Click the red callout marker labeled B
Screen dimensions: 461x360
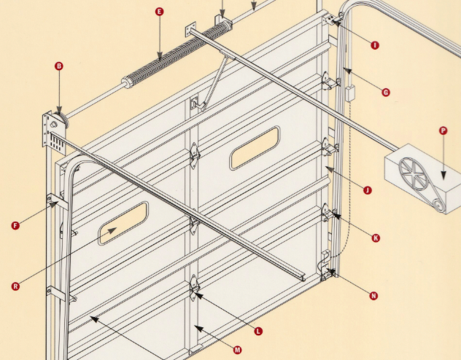pos(59,66)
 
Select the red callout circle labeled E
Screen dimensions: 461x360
pos(159,12)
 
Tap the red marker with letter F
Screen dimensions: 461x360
pos(15,226)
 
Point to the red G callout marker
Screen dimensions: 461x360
pos(386,93)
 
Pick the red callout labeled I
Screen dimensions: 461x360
pos(375,45)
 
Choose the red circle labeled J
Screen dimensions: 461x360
pos(368,190)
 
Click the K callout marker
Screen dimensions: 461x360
pos(376,238)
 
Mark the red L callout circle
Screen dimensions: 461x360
pos(258,332)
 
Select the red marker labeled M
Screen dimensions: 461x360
pos(238,350)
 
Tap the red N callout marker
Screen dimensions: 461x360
pos(373,296)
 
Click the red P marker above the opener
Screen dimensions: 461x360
pos(443,130)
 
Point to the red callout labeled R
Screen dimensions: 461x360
pos(15,286)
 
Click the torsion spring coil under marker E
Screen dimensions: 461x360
pos(177,53)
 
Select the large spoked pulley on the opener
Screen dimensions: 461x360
pos(412,173)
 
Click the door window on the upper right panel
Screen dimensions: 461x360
pos(255,148)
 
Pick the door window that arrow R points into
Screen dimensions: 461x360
pos(123,224)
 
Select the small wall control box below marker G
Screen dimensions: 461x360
pos(349,94)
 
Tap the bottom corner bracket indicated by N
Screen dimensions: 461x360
pos(326,266)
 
